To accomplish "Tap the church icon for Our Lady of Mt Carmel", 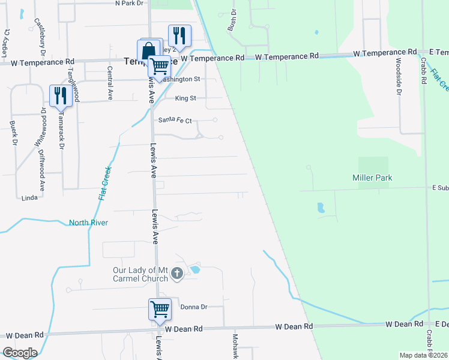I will pos(176,274).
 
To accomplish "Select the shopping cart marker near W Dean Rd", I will pos(160,310).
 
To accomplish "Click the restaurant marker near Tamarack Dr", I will pos(61,95).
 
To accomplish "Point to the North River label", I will pos(88,223).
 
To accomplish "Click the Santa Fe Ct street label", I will pos(175,120).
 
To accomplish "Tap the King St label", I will pos(185,98).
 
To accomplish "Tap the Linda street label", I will pos(29,197).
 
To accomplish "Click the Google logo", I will pos(20,352).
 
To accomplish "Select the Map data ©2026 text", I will pos(424,355).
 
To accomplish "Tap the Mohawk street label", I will pos(235,346).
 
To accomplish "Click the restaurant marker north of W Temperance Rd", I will pos(179,35).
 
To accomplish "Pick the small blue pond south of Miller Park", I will pos(320,208).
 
